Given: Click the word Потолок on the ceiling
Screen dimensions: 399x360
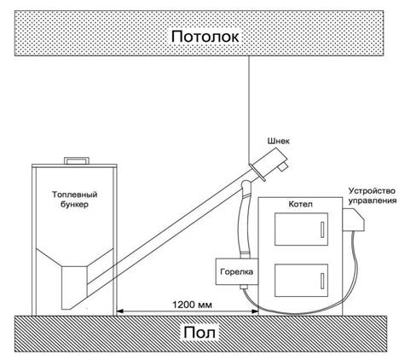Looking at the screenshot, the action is (x=205, y=37).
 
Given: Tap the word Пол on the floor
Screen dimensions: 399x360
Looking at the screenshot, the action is (x=199, y=333).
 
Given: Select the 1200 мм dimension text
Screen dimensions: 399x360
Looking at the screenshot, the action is (x=193, y=305).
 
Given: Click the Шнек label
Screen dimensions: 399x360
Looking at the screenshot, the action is (x=278, y=141).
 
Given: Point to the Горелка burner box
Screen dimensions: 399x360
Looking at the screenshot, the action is (x=237, y=271).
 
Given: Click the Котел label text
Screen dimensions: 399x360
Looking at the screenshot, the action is (x=300, y=204).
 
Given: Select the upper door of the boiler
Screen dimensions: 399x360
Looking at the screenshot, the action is (x=301, y=229).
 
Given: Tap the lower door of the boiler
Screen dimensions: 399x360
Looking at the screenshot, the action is (x=301, y=281).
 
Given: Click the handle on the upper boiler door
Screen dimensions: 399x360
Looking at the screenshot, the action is (x=322, y=229).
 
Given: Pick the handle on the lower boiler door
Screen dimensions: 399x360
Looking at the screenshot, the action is (x=322, y=281).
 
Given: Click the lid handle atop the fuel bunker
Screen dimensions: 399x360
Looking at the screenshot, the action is (x=77, y=160).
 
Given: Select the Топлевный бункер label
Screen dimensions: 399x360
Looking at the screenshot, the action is (x=74, y=200).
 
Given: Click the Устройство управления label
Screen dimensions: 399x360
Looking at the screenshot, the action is (x=373, y=195).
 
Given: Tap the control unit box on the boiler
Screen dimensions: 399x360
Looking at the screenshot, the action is (x=353, y=220).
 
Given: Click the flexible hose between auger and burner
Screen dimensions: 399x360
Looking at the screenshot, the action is (x=244, y=219).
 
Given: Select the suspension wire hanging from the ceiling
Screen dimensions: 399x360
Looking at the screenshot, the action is (x=249, y=110).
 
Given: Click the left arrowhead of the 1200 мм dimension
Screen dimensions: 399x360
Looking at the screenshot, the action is (x=120, y=311).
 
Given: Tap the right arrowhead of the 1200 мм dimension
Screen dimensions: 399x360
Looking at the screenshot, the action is (x=255, y=311).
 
